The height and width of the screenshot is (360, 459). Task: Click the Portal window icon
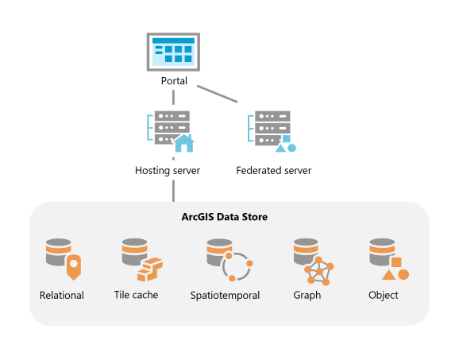coord(173,52)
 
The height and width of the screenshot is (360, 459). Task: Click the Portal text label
coord(173,81)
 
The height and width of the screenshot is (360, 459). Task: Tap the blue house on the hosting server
coord(184,143)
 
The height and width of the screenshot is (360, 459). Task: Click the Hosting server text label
coord(168,171)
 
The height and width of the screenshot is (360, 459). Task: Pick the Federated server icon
coord(272,130)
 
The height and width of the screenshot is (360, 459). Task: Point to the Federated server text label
coord(274,171)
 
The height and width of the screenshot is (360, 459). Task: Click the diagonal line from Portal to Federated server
coord(218,94)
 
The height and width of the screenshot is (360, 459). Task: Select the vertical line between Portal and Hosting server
coord(173,97)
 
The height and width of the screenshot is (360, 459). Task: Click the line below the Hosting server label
coord(173,192)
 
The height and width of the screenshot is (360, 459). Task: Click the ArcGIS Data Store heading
coord(229,216)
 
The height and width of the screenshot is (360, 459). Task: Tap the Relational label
coord(62,296)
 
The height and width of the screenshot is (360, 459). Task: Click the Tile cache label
coord(136,296)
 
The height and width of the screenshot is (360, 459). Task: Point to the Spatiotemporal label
coord(226,296)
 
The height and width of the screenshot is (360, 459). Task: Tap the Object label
coord(384,296)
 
